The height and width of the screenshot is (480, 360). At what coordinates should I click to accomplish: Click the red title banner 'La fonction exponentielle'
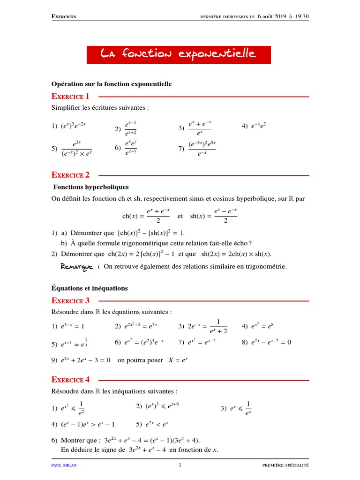point(179,55)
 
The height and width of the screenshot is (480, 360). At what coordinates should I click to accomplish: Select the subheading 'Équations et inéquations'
point(89,288)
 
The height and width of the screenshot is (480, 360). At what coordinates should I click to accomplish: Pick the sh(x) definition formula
point(213,216)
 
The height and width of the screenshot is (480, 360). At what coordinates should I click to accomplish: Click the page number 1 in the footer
point(180,465)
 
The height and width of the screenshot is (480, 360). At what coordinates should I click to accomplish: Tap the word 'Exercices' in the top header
point(64,17)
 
